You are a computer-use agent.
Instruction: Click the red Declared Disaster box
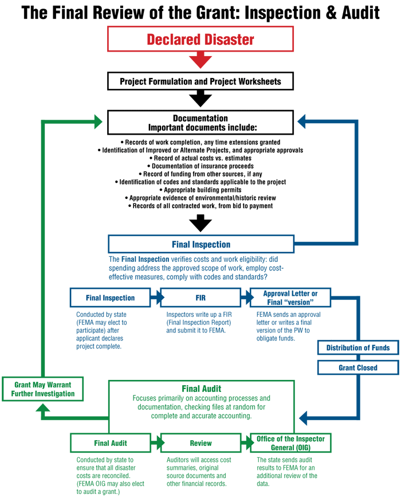coord(200,39)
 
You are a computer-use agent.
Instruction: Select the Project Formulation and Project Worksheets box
coord(200,81)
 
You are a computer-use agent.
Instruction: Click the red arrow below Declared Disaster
coord(200,60)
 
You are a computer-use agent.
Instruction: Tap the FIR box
coord(200,298)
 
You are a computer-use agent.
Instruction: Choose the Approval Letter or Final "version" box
coord(290,298)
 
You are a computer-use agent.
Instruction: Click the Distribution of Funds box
coord(358,348)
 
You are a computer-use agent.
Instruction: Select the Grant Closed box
coord(358,367)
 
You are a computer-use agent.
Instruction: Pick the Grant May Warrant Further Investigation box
coord(43,389)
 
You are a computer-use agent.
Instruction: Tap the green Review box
coord(200,443)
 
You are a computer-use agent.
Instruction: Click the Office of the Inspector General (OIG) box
coord(290,443)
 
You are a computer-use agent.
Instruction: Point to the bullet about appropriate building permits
coord(200,190)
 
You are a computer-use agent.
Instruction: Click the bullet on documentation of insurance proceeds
coord(200,166)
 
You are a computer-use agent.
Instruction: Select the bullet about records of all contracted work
coord(200,206)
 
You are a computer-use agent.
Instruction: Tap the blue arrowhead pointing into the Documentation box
coord(301,121)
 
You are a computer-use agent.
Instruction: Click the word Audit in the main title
coord(361,13)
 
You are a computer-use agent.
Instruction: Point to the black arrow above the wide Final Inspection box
coord(200,223)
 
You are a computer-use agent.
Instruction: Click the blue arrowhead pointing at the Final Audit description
coord(302,418)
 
